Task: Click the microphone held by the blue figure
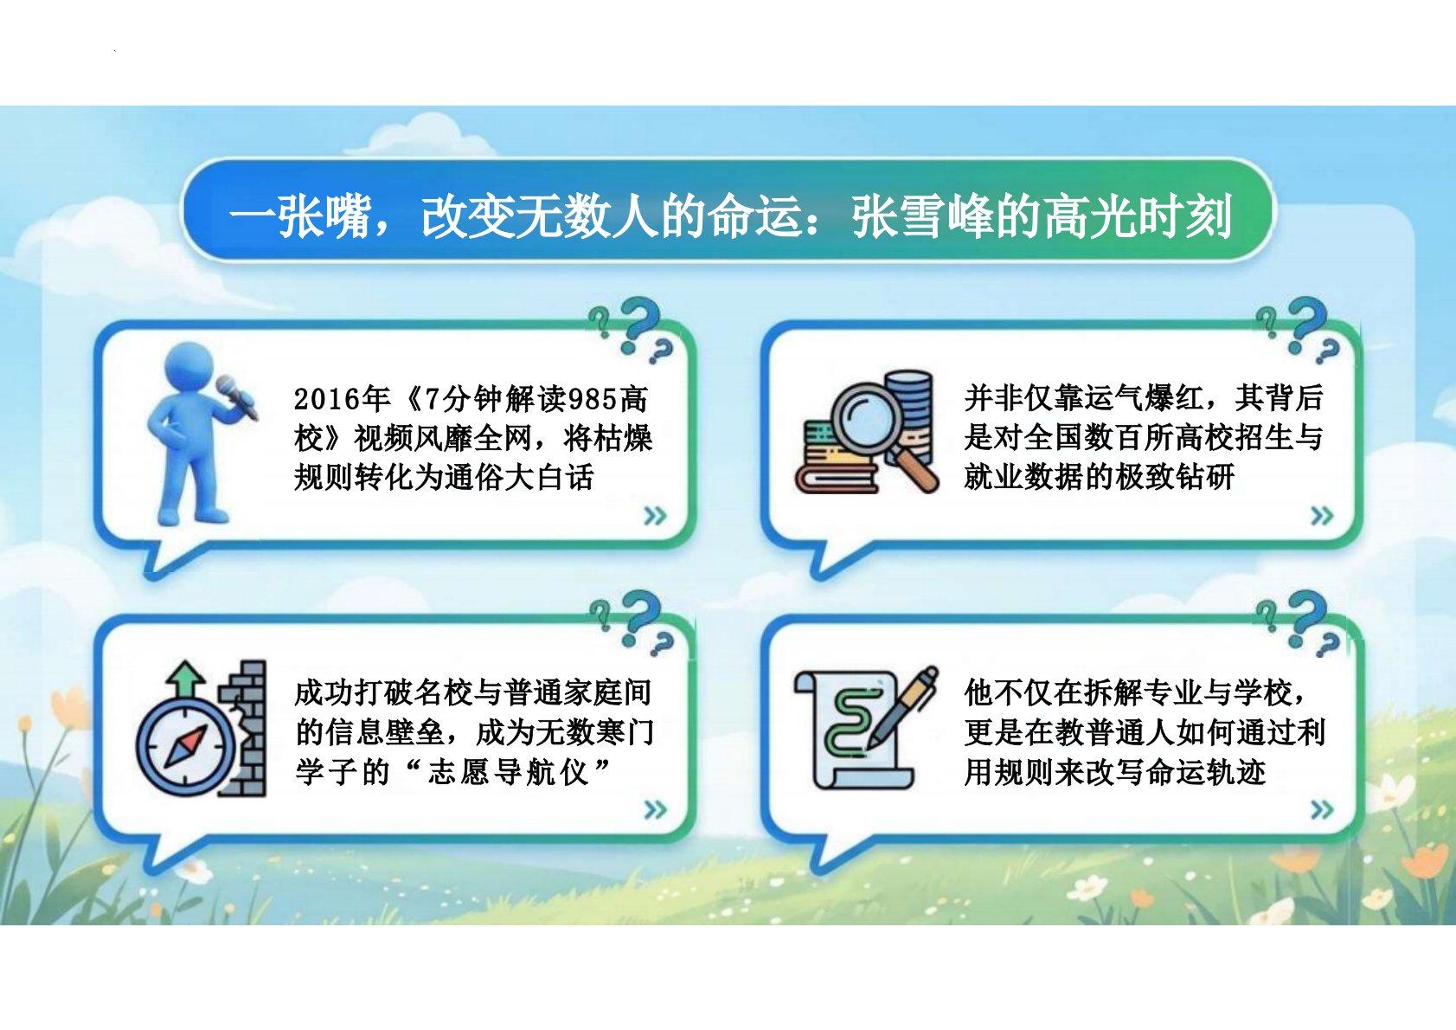pyautogui.click(x=237, y=396)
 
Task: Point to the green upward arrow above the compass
pyautogui.click(x=186, y=679)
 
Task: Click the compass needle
pyautogui.click(x=186, y=746)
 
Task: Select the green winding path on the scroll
pyautogui.click(x=850, y=723)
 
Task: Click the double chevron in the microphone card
pyautogui.click(x=655, y=516)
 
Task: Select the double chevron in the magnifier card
pyautogui.click(x=1322, y=516)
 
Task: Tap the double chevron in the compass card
pyautogui.click(x=655, y=809)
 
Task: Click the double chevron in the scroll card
pyautogui.click(x=1322, y=809)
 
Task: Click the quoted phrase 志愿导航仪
pyautogui.click(x=508, y=772)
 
